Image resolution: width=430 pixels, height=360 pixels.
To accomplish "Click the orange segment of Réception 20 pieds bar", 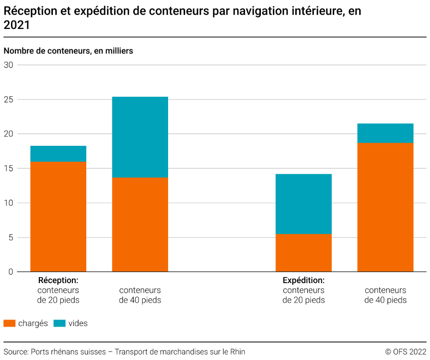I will pyautogui.click(x=58, y=216).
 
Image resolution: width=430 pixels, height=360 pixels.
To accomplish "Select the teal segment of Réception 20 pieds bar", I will pyautogui.click(x=58, y=153).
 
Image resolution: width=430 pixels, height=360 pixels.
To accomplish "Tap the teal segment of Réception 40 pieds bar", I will pyautogui.click(x=140, y=137).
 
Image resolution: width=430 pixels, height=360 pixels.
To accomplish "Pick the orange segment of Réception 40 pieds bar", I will pyautogui.click(x=140, y=224).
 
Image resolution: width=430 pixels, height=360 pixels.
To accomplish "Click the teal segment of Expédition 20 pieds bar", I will pyautogui.click(x=304, y=204).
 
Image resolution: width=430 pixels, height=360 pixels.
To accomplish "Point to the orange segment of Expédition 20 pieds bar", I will pyautogui.click(x=304, y=253).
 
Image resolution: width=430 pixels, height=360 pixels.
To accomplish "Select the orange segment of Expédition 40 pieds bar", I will pyautogui.click(x=386, y=207).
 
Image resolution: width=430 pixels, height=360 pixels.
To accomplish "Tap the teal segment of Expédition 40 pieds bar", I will pyautogui.click(x=386, y=133).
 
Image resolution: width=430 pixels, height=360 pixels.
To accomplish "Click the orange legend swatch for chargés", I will pyautogui.click(x=9, y=323).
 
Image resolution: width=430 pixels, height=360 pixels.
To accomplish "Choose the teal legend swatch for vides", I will pyautogui.click(x=59, y=323).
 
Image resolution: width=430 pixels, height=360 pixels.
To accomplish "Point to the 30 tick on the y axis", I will pyautogui.click(x=8, y=65).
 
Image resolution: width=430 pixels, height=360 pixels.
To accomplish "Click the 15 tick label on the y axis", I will pyautogui.click(x=8, y=168).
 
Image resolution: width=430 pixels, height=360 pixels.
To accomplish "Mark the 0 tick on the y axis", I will pyautogui.click(x=10, y=272).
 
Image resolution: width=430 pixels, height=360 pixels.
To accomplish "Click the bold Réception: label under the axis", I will pyautogui.click(x=58, y=280).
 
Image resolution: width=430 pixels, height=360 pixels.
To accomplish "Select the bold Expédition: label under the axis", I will pyautogui.click(x=304, y=280).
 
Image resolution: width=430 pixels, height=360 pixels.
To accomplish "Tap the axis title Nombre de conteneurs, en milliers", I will pyautogui.click(x=68, y=51).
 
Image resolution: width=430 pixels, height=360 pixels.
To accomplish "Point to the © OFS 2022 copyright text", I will pyautogui.click(x=406, y=352).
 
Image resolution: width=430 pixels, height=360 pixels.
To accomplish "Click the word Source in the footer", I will pyautogui.click(x=15, y=352).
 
